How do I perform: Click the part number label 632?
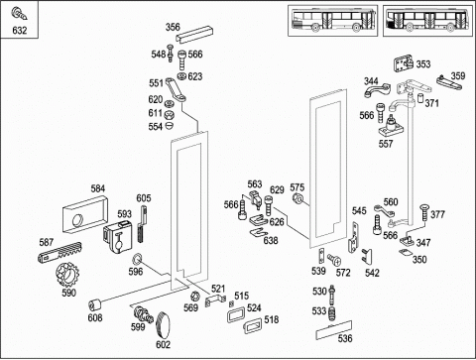pos(20,31)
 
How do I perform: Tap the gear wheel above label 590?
pos(67,275)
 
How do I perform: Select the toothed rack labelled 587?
pos(60,253)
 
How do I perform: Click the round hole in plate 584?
pos(78,220)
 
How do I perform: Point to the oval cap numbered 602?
pos(163,325)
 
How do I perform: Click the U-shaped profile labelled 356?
pos(194,34)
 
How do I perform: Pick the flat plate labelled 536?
pos(334,330)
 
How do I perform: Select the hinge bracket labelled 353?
pos(404,64)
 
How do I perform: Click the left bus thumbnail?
pos(333,21)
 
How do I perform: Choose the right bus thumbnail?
pos(428,21)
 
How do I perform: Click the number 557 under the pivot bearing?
pos(386,144)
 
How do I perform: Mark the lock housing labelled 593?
pos(118,237)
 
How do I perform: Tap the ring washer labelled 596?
pos(137,259)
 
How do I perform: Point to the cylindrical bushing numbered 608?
pos(95,304)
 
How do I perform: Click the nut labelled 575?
pos(297,198)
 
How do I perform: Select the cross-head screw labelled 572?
pos(334,259)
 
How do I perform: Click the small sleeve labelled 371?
pos(420,98)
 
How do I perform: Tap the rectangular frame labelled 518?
pos(253,325)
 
